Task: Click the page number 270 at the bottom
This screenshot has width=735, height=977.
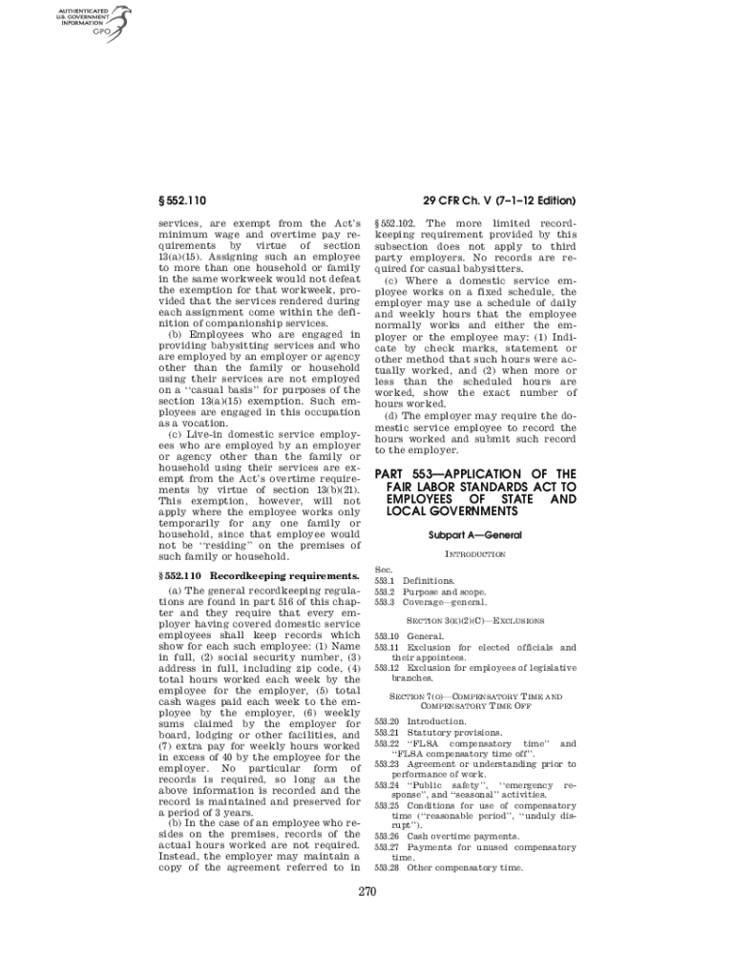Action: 367,892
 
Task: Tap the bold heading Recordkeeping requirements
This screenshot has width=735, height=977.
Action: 283,575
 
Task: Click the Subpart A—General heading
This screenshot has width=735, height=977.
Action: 474,535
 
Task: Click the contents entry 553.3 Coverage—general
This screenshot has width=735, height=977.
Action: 430,602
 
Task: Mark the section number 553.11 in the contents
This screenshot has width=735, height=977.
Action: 387,647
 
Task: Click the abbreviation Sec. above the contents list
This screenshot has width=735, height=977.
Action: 384,569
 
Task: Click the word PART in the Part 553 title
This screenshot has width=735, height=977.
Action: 393,474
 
